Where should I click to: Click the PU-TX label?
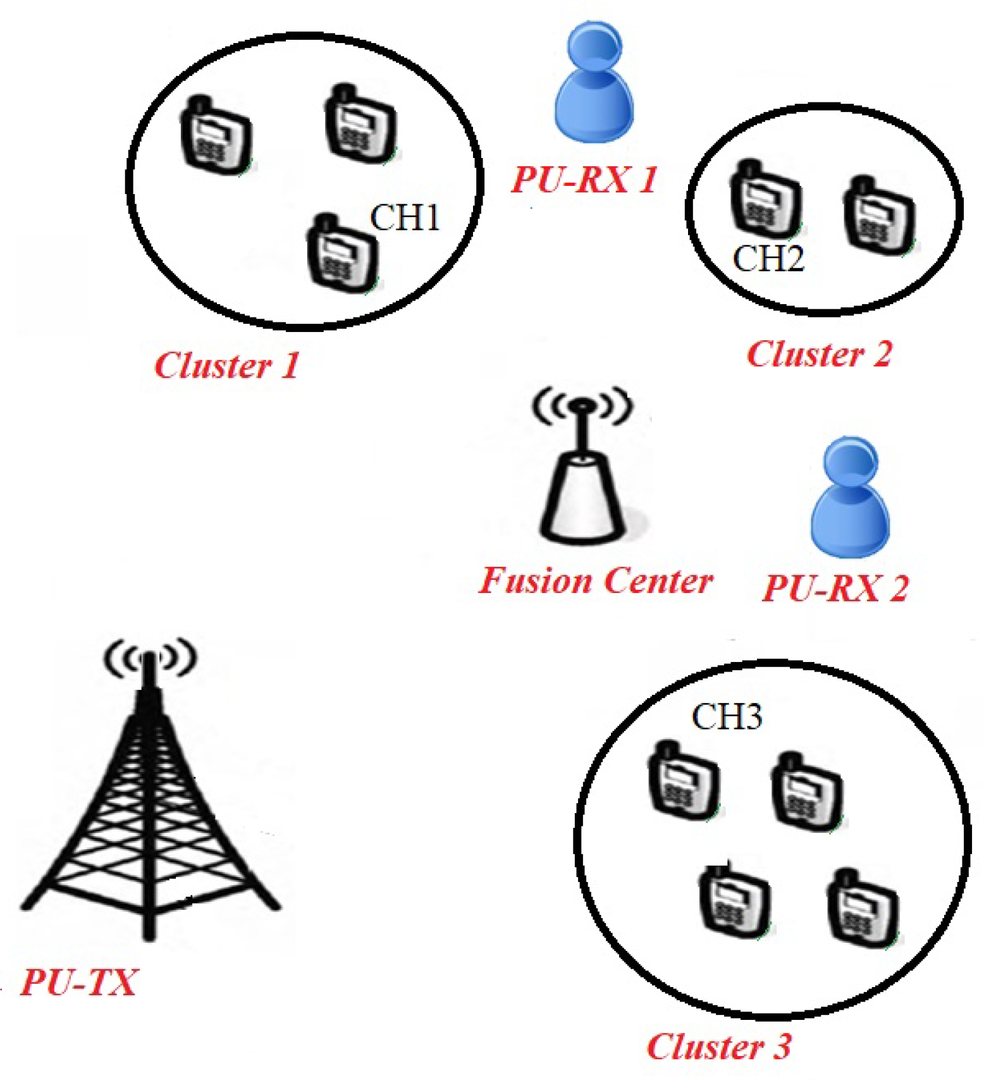78,982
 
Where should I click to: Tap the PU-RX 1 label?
584,179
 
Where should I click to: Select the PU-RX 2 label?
835,588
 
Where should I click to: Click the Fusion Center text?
595,580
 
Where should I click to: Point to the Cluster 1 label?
226,365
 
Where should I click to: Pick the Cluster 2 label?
819,353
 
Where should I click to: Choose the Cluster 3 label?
718,1046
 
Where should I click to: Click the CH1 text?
405,218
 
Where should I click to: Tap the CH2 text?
768,258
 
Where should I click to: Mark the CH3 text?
727,716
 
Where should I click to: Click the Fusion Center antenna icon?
582,468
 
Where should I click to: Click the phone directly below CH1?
342,254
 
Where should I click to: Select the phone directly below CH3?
684,782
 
